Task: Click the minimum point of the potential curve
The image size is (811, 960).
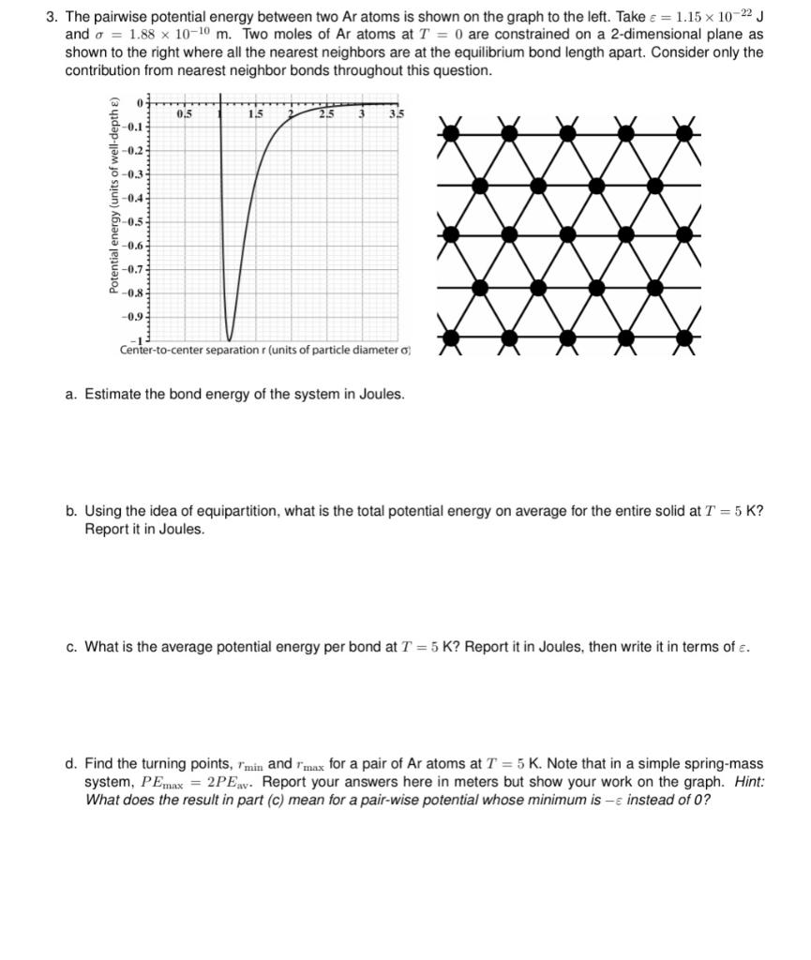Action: [x=230, y=339]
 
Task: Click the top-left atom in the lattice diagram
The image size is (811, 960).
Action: [x=451, y=132]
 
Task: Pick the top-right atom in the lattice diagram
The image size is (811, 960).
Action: [x=686, y=132]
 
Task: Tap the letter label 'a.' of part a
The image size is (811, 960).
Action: [x=71, y=394]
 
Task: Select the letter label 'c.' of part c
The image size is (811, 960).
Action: [x=71, y=647]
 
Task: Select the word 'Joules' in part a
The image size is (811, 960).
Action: [x=382, y=394]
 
